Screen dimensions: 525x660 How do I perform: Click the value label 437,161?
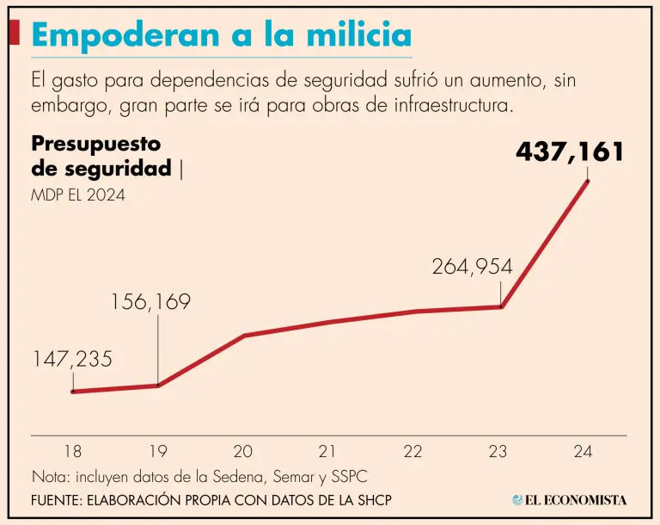point(570,152)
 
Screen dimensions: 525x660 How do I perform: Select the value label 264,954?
point(472,267)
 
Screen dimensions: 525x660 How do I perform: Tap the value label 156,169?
point(150,302)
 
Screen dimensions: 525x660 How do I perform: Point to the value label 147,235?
point(72,359)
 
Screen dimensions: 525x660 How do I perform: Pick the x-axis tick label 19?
point(158,451)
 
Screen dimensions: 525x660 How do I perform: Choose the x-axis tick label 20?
point(243,451)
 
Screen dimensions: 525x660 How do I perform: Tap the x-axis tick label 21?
point(327,451)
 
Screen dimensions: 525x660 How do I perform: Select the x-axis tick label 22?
point(413,451)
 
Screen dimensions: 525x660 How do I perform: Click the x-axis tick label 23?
point(498,451)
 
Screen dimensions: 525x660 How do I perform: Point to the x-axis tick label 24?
point(584,451)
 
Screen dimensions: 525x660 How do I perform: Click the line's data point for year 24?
point(588,180)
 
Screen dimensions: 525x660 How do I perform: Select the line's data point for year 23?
point(501,306)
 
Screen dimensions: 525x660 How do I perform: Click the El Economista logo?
point(569,499)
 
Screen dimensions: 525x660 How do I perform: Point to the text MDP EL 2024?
point(78,195)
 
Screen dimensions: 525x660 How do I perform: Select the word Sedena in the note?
point(249,476)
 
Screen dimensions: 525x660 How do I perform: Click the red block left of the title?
point(14,33)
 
